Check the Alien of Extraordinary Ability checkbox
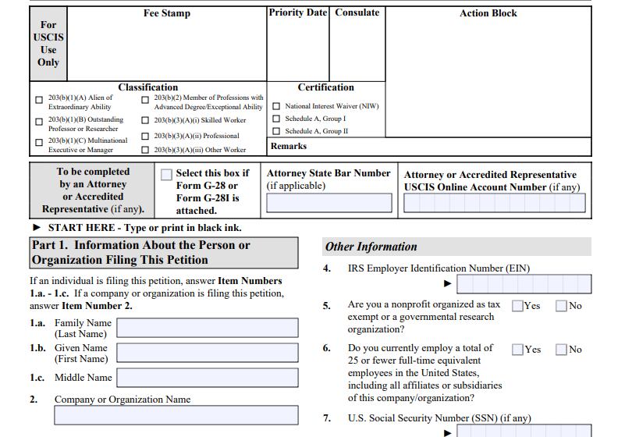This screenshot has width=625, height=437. coord(39,100)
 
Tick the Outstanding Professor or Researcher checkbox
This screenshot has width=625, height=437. coord(39,122)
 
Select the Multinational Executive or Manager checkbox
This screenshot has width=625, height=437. coord(39,143)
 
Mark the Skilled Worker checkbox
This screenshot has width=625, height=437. coord(145,120)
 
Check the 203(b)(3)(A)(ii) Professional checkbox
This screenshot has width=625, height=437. coord(145,136)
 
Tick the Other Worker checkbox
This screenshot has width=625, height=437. coord(145,149)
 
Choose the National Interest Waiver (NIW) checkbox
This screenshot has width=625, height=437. coord(276,106)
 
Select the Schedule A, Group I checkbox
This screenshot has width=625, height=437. coord(276,119)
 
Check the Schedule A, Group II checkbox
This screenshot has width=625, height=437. coord(276,131)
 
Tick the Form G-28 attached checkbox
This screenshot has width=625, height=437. coord(166,175)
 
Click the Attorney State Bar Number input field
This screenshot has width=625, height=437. coord(328,204)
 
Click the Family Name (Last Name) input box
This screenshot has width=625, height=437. coord(207,328)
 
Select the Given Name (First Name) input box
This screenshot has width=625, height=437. coord(207,353)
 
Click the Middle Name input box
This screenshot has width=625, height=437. coord(207,378)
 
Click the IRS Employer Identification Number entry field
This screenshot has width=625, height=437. coord(524,284)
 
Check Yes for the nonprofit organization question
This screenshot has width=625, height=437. coord(517,306)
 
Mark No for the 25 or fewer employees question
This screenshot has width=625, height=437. coord(561,350)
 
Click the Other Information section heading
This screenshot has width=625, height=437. coord(371,247)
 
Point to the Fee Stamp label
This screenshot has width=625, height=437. coord(166,13)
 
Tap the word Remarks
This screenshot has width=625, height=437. coord(289,146)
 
